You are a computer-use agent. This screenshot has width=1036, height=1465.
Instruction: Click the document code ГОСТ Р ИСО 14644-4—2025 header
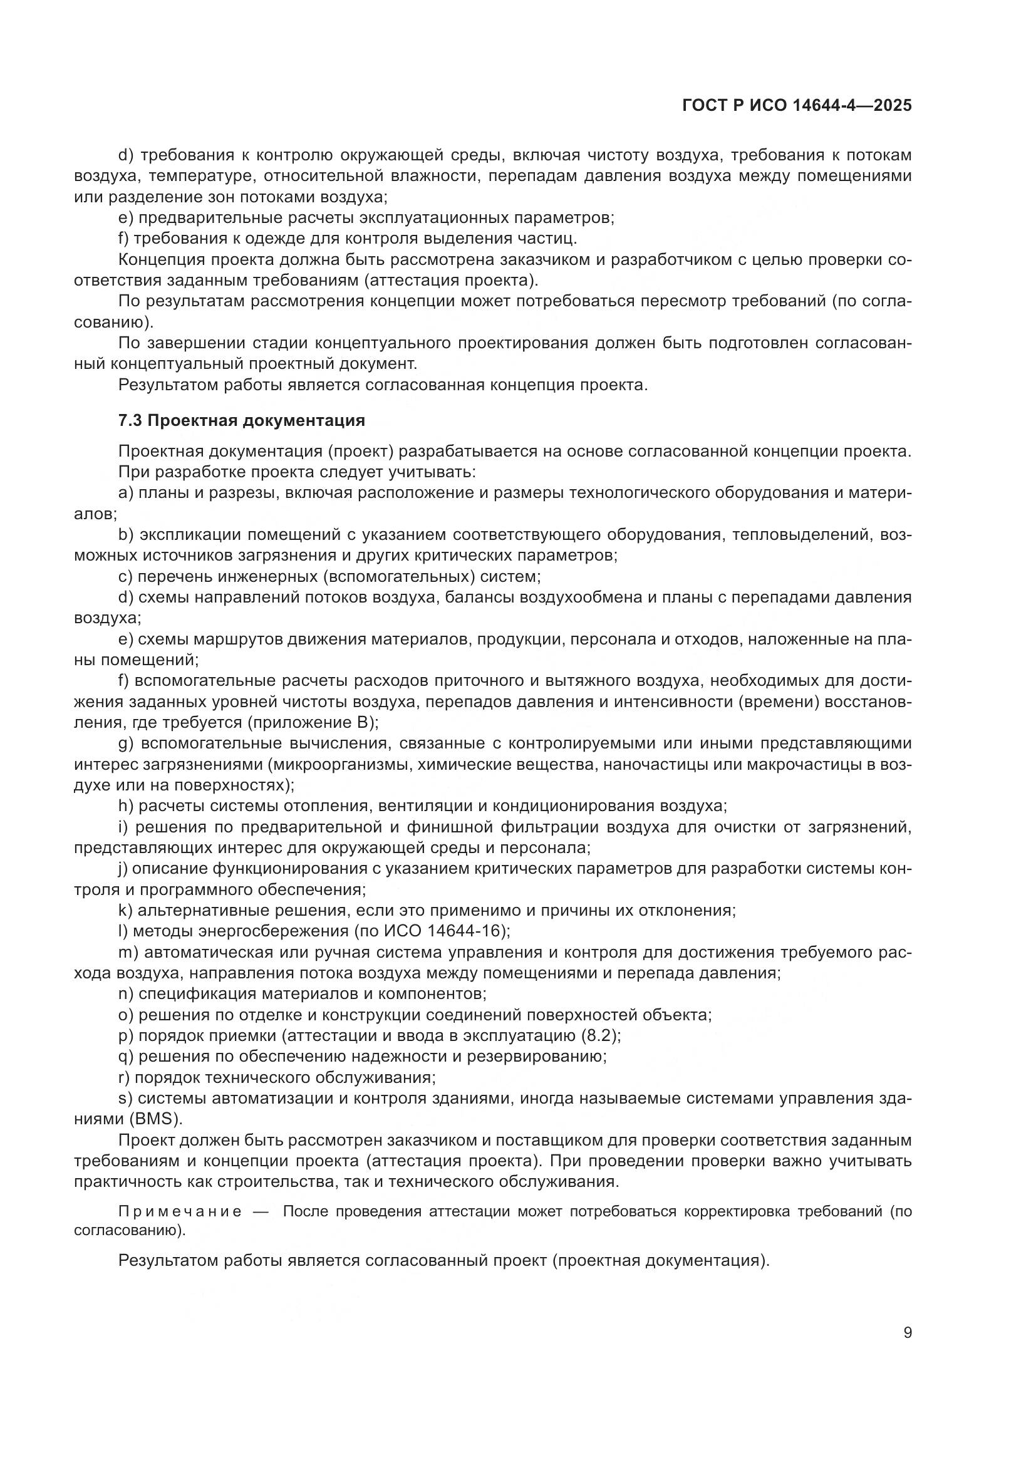796,106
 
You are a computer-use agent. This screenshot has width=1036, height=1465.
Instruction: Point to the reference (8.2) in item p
598,1035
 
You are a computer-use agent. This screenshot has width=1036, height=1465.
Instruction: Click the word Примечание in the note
180,1212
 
